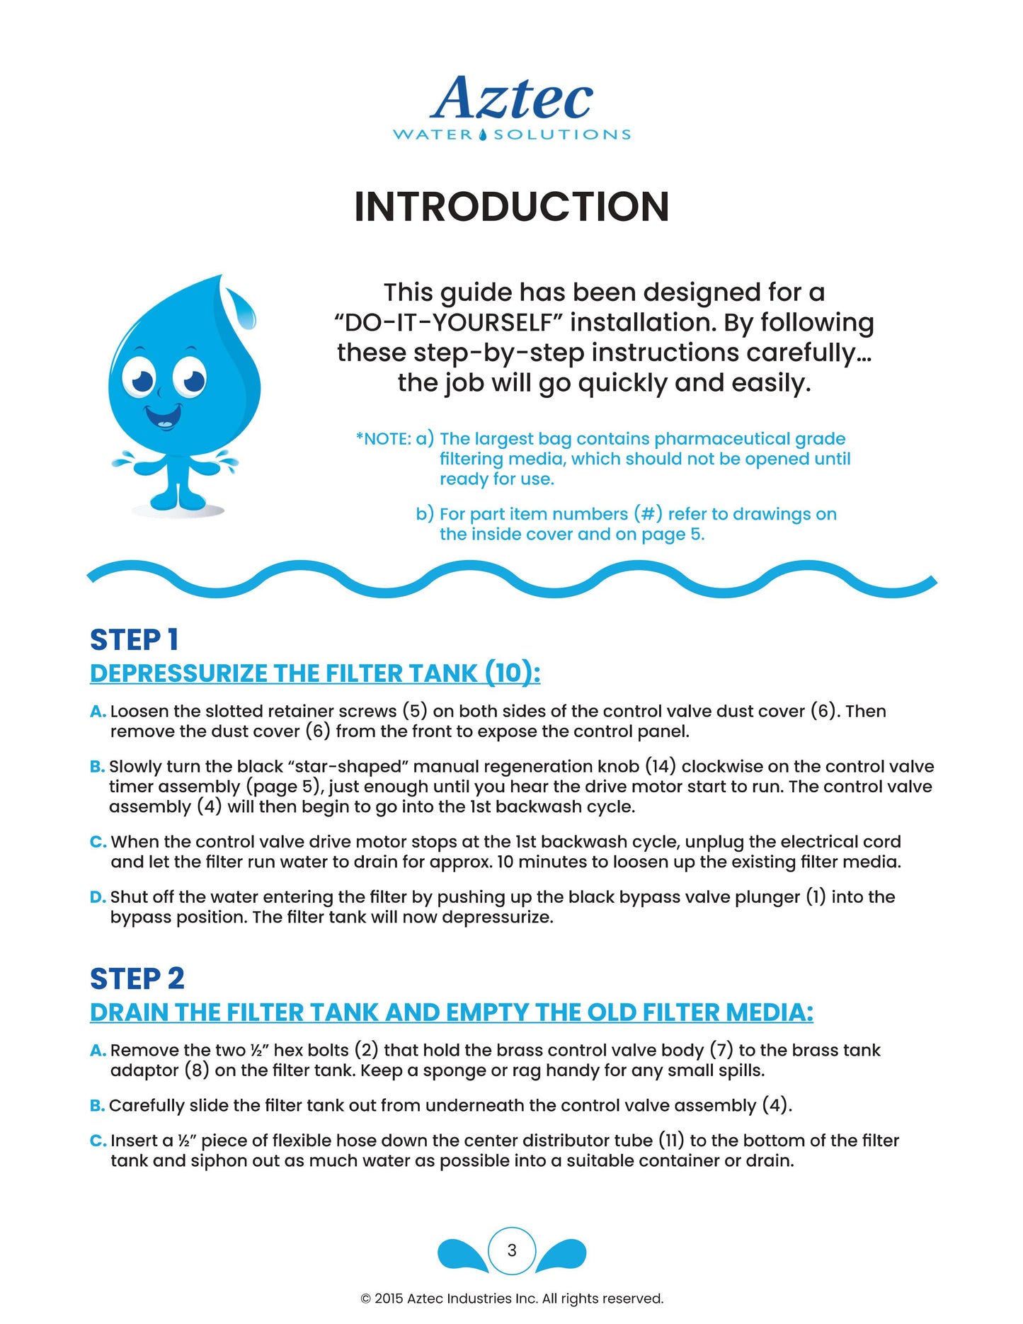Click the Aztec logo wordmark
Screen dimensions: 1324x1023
coord(511,98)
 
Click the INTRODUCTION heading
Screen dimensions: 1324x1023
coord(511,207)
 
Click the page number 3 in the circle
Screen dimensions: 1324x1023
coord(512,1250)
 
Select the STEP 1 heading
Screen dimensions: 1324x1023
coord(134,639)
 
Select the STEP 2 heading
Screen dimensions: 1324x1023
coord(137,978)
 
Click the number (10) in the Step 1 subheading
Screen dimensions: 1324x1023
coord(512,673)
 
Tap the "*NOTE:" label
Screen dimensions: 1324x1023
coord(383,439)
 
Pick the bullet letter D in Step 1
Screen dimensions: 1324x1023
coord(97,897)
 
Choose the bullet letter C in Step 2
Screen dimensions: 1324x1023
coord(98,1141)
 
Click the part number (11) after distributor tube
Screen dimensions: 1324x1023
coord(671,1141)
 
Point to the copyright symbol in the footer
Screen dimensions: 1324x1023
coord(365,1299)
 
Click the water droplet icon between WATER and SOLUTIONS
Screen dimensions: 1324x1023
coord(483,135)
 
